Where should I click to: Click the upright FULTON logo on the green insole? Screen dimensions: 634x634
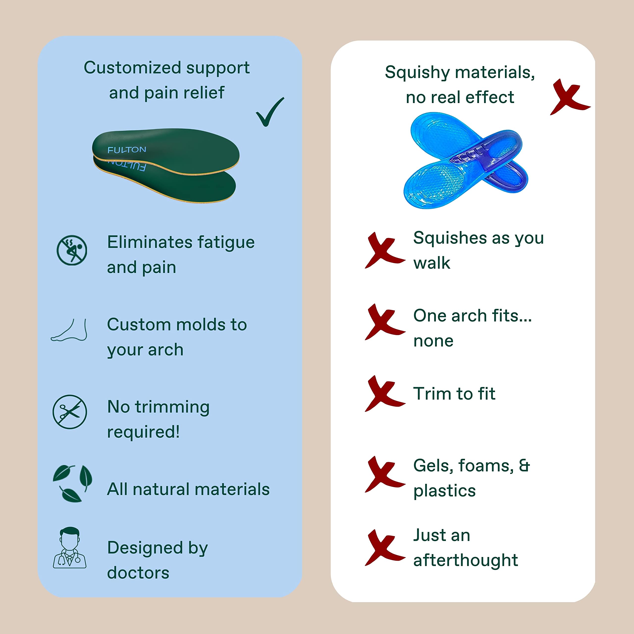127,150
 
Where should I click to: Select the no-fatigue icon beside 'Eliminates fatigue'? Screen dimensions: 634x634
72,250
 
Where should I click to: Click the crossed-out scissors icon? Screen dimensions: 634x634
70,412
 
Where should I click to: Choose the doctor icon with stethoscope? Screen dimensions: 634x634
70,548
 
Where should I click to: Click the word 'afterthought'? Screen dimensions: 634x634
466,560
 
